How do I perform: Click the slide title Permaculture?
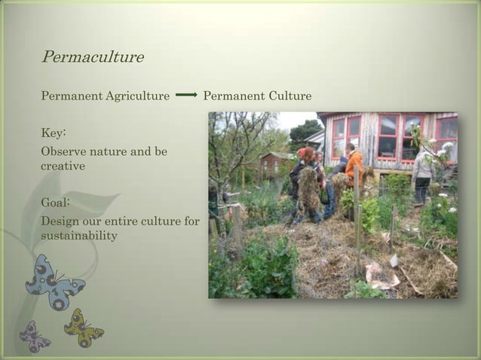point(92,57)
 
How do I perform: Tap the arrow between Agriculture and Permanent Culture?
point(186,96)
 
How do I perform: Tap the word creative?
point(63,165)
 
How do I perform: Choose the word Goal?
point(55,203)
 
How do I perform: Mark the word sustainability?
point(79,236)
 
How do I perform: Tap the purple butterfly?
point(35,336)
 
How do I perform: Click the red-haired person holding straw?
point(308,181)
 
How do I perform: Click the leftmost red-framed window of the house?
point(339,136)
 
